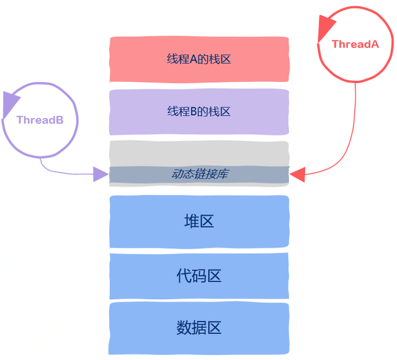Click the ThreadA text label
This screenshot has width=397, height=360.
pos(355,44)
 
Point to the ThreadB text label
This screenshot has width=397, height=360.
pos(40,120)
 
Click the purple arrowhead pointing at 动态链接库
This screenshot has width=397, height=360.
pos(100,174)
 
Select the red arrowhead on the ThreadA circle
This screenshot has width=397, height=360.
pos(326,29)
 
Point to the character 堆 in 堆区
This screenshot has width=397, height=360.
pos(192,222)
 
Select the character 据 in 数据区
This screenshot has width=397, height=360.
pos(199,327)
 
